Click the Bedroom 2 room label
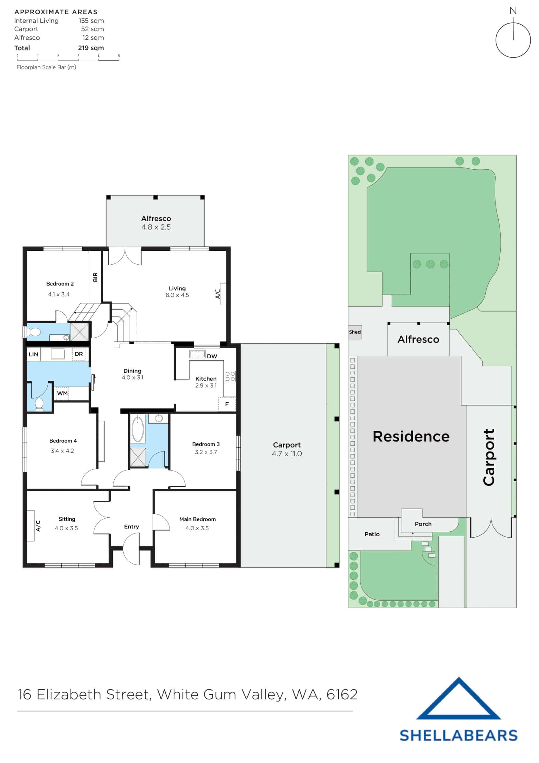click(x=60, y=283)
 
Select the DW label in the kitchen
click(x=212, y=356)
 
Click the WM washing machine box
click(x=62, y=393)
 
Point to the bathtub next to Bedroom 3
click(x=138, y=429)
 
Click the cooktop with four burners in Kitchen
click(x=230, y=376)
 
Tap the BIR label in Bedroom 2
click(x=95, y=277)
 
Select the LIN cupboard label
click(x=33, y=354)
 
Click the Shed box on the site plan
click(x=355, y=332)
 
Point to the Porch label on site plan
click(x=423, y=524)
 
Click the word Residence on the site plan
click(x=411, y=437)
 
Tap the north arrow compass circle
click(x=513, y=40)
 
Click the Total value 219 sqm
click(x=91, y=48)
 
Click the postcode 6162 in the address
click(x=342, y=694)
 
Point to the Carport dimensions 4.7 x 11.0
click(x=286, y=454)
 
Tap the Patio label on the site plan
click(x=372, y=534)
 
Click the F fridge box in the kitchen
click(x=227, y=404)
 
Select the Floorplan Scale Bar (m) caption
click(x=46, y=67)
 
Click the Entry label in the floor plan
click(x=132, y=527)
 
